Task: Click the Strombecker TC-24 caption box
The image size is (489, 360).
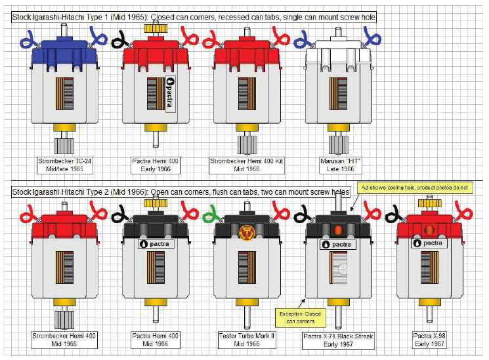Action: [64, 165]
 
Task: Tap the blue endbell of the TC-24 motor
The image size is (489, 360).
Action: [64, 54]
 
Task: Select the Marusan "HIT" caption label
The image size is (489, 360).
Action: [340, 165]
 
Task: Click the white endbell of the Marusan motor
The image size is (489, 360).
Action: [339, 54]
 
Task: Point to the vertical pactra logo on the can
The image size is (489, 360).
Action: [170, 94]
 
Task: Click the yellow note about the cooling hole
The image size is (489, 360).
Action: [414, 188]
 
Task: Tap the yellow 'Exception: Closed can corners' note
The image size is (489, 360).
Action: [301, 317]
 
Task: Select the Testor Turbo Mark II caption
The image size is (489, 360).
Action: [247, 340]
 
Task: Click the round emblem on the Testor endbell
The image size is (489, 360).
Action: [247, 233]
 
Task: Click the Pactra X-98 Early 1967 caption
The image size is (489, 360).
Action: [429, 340]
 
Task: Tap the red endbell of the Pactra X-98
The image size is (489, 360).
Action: [429, 228]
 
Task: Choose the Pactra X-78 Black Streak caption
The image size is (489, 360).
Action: [338, 340]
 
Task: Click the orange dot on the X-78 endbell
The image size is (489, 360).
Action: [339, 230]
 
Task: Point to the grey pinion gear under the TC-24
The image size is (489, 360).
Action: [64, 146]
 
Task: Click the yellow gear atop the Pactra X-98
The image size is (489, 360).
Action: [430, 203]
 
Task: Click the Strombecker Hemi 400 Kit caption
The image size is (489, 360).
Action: [247, 165]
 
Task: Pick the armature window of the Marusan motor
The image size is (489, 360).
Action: [339, 94]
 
